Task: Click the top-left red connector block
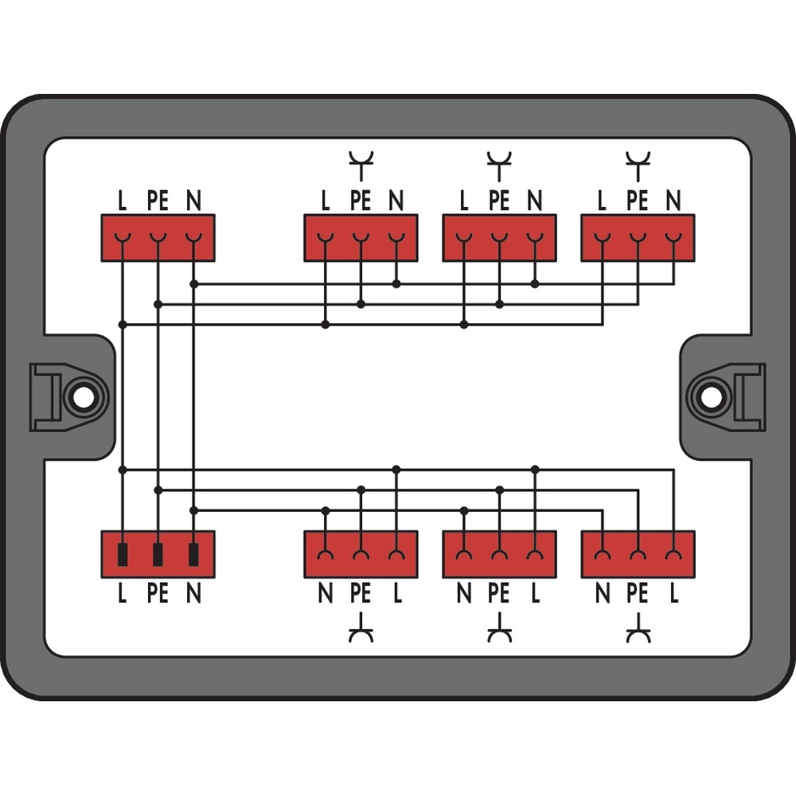[158, 237]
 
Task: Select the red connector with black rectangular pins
[158, 554]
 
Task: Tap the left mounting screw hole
[82, 396]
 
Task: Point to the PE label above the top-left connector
[158, 201]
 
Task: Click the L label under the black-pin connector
[122, 593]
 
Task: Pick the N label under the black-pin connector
[193, 593]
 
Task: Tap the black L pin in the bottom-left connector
[122, 554]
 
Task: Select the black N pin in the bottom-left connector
[193, 554]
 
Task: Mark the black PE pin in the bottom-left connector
[158, 554]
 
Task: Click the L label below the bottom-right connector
[673, 593]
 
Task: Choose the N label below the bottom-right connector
[602, 593]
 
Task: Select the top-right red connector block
[638, 237]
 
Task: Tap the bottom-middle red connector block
[499, 554]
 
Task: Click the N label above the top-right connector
[673, 201]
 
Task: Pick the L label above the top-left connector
[122, 201]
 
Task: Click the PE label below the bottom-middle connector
[499, 593]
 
